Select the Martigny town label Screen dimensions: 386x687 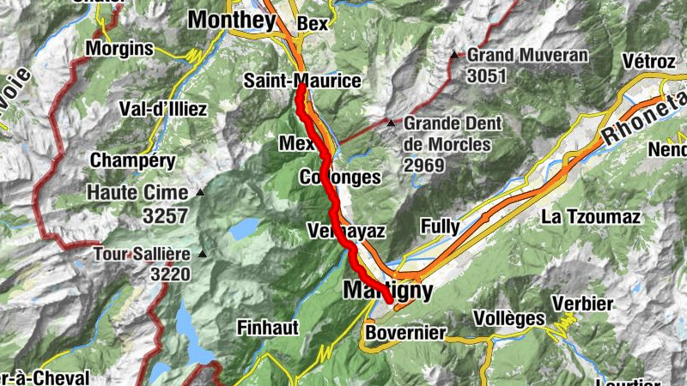tap(387, 290)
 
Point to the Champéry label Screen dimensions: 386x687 tap(132, 160)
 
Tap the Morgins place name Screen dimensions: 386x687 tap(119, 47)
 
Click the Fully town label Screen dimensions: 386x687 tap(440, 226)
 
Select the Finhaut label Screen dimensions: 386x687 tap(269, 327)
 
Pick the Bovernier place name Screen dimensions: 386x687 tap(405, 332)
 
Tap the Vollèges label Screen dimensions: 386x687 tap(509, 319)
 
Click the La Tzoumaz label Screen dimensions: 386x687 tap(591, 217)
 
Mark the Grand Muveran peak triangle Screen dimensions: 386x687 tap(454, 56)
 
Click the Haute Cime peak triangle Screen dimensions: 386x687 tap(200, 192)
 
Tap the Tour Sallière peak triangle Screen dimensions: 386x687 tap(203, 253)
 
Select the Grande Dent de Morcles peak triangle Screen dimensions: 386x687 tap(392, 123)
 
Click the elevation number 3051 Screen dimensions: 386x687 tap(486, 75)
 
